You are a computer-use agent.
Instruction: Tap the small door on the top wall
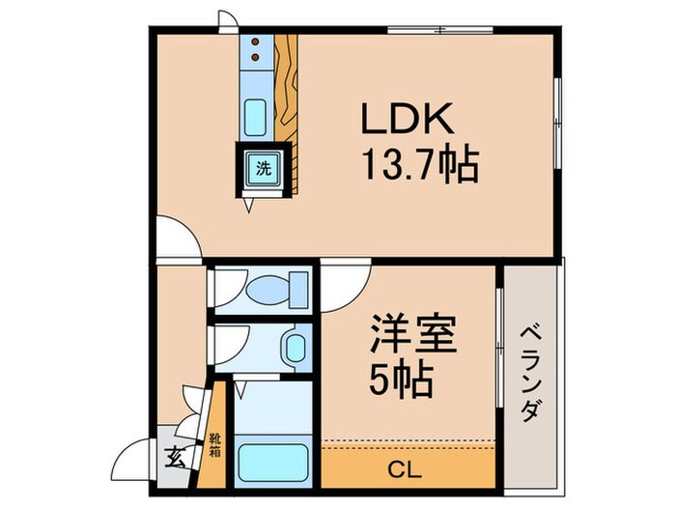coord(226,20)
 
